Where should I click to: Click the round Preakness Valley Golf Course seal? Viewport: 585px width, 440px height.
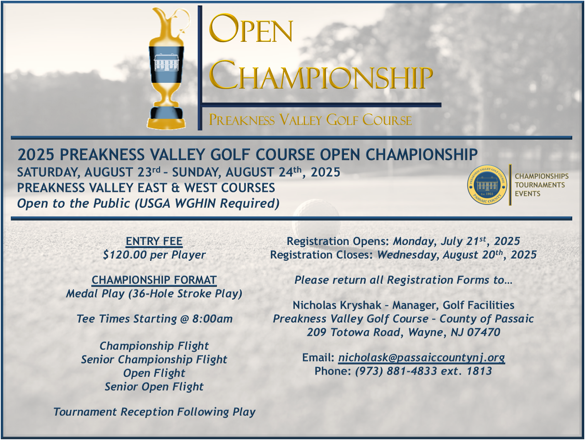(x=487, y=185)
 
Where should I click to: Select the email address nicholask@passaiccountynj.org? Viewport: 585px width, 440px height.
(x=421, y=358)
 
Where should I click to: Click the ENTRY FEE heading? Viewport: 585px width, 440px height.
(x=154, y=241)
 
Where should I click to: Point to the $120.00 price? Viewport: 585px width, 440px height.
(x=125, y=255)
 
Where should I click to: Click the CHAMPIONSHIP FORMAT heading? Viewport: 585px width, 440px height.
(x=154, y=280)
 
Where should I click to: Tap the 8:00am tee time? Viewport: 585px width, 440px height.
(x=212, y=319)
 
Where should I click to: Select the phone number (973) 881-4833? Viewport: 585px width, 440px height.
(x=396, y=371)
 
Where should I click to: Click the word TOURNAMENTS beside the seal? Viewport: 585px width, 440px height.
(x=540, y=185)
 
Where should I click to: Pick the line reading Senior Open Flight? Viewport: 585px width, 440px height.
(x=154, y=387)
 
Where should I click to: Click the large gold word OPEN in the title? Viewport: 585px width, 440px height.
(x=251, y=29)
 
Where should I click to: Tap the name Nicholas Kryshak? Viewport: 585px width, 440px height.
(x=337, y=305)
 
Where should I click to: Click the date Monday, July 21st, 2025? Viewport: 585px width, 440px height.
(x=457, y=241)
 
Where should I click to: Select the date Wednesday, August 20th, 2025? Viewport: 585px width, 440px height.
(x=457, y=255)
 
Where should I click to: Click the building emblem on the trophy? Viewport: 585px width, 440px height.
(x=167, y=63)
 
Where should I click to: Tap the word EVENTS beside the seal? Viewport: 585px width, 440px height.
(x=527, y=194)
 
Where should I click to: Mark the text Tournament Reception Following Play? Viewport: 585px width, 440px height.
(x=154, y=412)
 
